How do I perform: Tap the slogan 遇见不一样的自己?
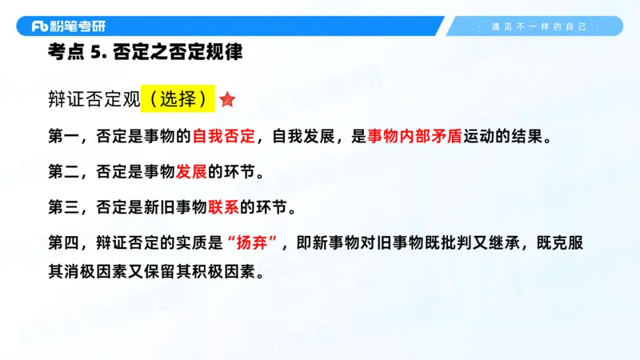pyautogui.click(x=538, y=26)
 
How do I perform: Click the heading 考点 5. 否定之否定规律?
pyautogui.click(x=144, y=54)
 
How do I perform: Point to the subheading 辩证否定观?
pyautogui.click(x=94, y=99)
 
